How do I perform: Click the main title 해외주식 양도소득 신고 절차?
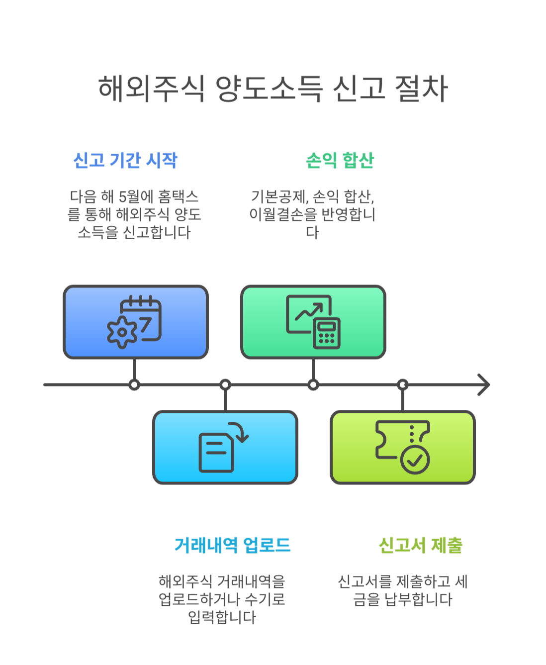(273, 89)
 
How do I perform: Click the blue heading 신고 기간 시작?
(125, 160)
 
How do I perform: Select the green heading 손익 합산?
(340, 160)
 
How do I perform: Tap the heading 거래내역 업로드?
(232, 545)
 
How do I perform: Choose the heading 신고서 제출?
(421, 545)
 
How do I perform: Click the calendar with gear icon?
(135, 322)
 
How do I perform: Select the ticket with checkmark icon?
(403, 447)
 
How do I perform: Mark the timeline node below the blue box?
(134, 384)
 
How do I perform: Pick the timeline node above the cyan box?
(225, 384)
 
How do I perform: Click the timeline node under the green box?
(313, 384)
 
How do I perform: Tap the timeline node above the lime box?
(403, 384)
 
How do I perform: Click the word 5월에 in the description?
(136, 196)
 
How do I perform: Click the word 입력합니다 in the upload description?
(222, 617)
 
